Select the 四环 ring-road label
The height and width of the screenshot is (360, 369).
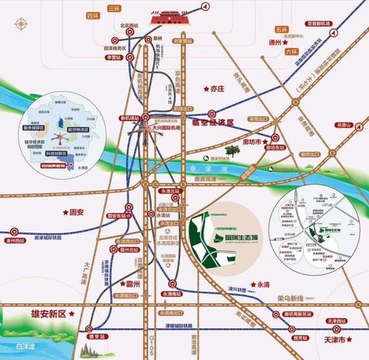tap(92, 14)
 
